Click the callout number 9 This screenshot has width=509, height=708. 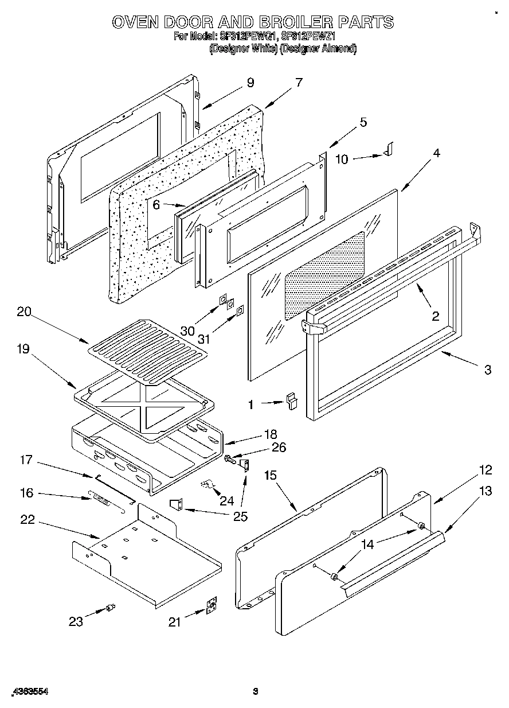[250, 83]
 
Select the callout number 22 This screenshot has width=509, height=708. [27, 520]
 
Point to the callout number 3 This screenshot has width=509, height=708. [487, 370]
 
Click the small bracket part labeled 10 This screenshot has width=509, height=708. [388, 150]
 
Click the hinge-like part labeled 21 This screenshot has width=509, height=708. [213, 606]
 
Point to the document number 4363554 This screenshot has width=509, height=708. [29, 691]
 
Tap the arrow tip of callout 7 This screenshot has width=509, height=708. [265, 107]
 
